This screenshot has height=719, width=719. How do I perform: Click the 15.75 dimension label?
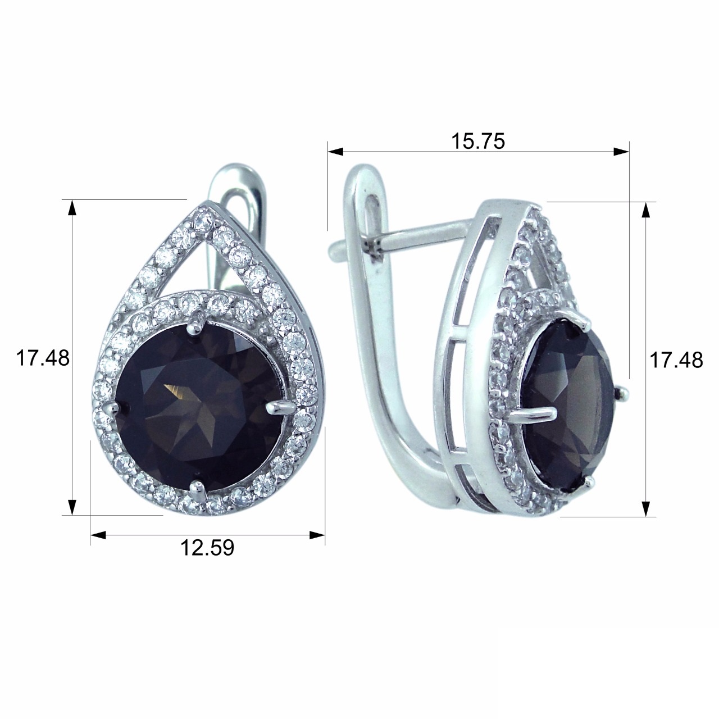(x=478, y=142)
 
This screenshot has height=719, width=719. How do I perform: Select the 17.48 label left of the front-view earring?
(x=43, y=358)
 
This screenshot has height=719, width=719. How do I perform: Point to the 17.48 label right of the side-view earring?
(x=676, y=361)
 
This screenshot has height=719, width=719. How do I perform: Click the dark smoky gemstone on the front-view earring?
(x=198, y=407)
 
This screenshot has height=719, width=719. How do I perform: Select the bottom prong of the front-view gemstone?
(x=197, y=490)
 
